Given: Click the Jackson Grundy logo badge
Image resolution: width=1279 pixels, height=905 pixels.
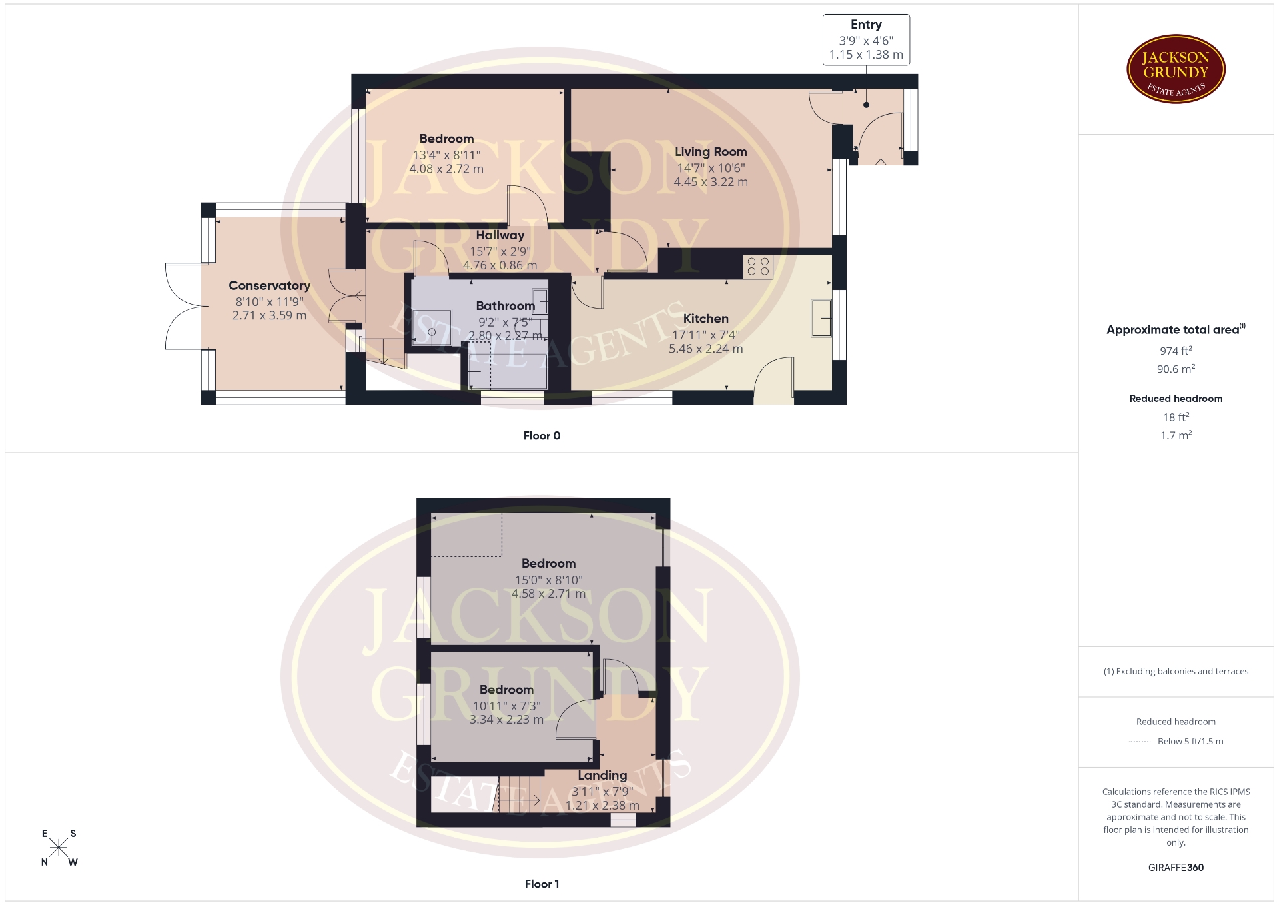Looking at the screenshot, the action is (x=1176, y=69).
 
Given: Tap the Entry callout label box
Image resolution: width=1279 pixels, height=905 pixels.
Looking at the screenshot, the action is (x=866, y=40).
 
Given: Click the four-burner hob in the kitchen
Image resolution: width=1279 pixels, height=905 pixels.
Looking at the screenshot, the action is (x=758, y=267).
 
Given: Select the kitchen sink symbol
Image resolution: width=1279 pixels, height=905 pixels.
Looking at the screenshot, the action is (x=821, y=319).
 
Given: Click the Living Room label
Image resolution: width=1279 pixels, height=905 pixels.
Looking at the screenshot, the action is (x=711, y=151).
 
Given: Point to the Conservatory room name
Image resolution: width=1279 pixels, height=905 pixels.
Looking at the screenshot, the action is (x=269, y=285).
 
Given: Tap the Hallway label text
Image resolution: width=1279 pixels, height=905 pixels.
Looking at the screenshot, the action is (x=500, y=235).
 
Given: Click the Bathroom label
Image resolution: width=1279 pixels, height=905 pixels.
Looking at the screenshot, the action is (x=505, y=305).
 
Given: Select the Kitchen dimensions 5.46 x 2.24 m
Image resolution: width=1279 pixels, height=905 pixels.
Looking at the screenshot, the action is (x=705, y=349).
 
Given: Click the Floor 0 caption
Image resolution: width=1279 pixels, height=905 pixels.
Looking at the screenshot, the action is (x=542, y=435).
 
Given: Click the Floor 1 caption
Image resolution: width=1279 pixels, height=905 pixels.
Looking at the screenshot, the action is (x=542, y=884).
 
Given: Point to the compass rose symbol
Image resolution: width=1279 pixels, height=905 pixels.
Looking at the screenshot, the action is (x=59, y=848).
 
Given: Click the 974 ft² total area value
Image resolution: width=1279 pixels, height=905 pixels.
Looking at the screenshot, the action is (x=1176, y=351).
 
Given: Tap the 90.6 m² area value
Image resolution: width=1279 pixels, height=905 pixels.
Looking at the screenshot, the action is (x=1176, y=369).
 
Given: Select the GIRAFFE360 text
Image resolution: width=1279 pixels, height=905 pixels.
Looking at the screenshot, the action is (x=1176, y=867).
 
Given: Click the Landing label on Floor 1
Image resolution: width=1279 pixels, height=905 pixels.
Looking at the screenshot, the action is (x=602, y=775).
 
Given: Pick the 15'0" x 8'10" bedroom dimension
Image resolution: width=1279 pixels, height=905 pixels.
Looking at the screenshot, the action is (x=548, y=580).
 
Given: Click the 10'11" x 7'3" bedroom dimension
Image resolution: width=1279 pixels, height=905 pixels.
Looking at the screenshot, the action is (x=506, y=706).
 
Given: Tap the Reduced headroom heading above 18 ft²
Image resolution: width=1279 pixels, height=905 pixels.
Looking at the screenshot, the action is (x=1176, y=399).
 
